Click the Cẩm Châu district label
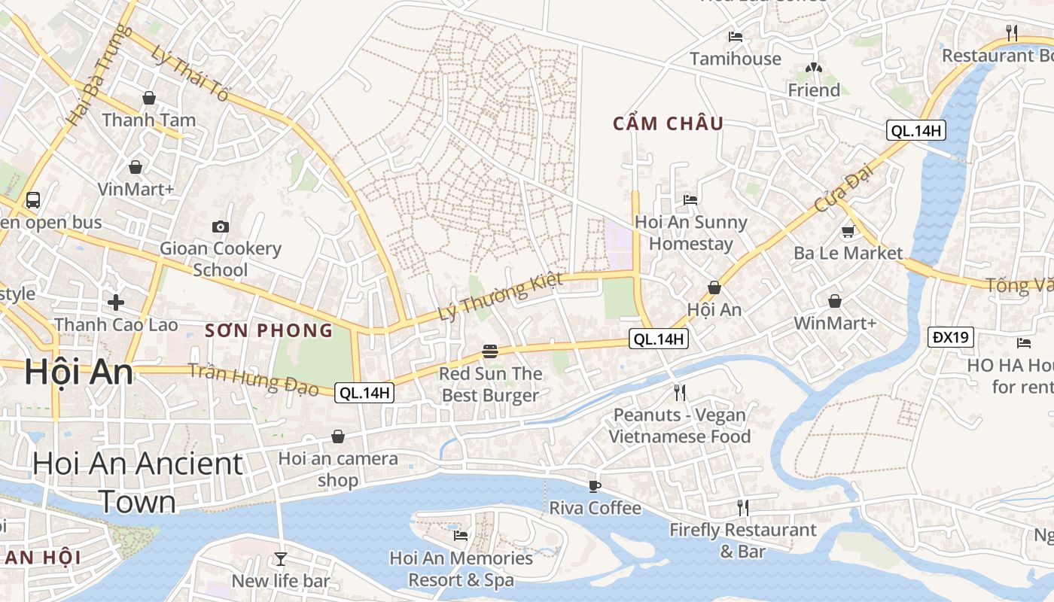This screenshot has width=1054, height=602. [x=668, y=123]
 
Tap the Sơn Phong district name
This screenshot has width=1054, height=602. [x=269, y=330]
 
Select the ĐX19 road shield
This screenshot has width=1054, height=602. [x=950, y=337]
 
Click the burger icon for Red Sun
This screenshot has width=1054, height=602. [x=490, y=351]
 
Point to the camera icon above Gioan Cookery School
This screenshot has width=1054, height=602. [x=221, y=227]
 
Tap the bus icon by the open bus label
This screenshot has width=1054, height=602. [x=33, y=200]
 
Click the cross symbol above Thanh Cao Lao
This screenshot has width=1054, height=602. [x=116, y=303]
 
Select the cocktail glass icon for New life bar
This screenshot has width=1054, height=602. [x=281, y=558]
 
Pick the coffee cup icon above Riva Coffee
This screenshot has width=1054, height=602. [x=595, y=486]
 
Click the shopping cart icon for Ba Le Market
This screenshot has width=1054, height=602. [x=848, y=231]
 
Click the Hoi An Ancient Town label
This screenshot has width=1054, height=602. [x=137, y=482]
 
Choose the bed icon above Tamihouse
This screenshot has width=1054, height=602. [x=736, y=37]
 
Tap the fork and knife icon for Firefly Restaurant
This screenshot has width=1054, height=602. [x=742, y=508]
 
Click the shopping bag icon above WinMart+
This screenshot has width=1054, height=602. [x=834, y=302]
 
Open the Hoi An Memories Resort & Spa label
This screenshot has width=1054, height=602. [x=461, y=569]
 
